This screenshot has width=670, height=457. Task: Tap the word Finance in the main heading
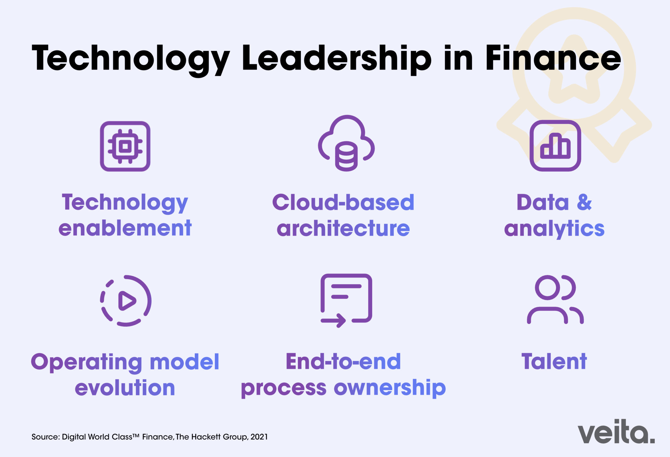coord(553,58)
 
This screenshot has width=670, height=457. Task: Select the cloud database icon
coord(346,143)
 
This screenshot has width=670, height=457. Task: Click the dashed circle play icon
coord(126,301)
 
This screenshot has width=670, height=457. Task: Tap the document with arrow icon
coord(346,300)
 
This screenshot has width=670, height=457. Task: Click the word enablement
coord(125,228)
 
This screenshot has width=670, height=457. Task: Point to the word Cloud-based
coord(343,202)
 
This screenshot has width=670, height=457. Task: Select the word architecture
coord(343,228)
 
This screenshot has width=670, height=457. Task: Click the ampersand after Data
coord(584,202)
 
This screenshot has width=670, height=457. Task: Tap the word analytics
coord(554,229)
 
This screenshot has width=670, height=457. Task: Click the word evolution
coord(125,388)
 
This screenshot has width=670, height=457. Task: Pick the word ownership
coord(390,389)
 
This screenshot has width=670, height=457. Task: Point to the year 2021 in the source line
coord(259,437)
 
